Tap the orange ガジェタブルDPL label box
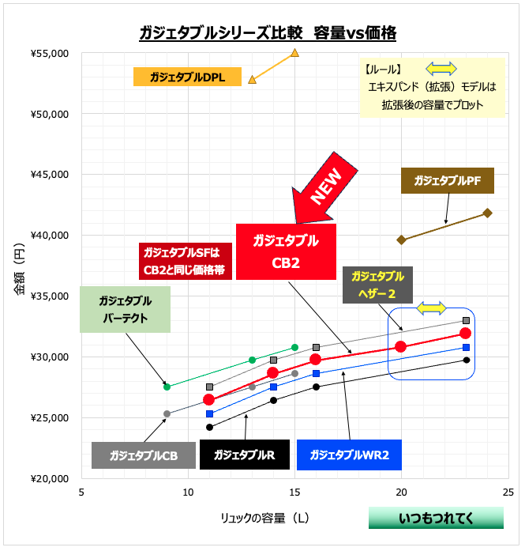[187, 77]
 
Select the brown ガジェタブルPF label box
[447, 181]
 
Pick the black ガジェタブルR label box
[244, 455]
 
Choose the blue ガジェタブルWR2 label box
[350, 455]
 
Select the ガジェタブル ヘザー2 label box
[377, 285]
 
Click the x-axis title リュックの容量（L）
[265, 518]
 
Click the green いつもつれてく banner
[436, 518]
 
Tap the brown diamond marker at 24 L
[487, 213]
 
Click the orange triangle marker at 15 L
[295, 52]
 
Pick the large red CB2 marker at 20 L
[401, 347]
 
